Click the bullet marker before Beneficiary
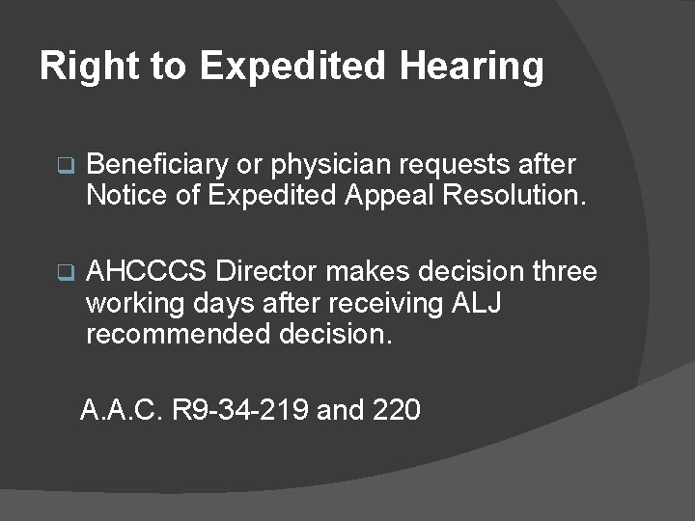click(65, 166)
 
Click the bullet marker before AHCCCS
click(65, 274)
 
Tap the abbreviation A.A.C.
click(122, 411)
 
